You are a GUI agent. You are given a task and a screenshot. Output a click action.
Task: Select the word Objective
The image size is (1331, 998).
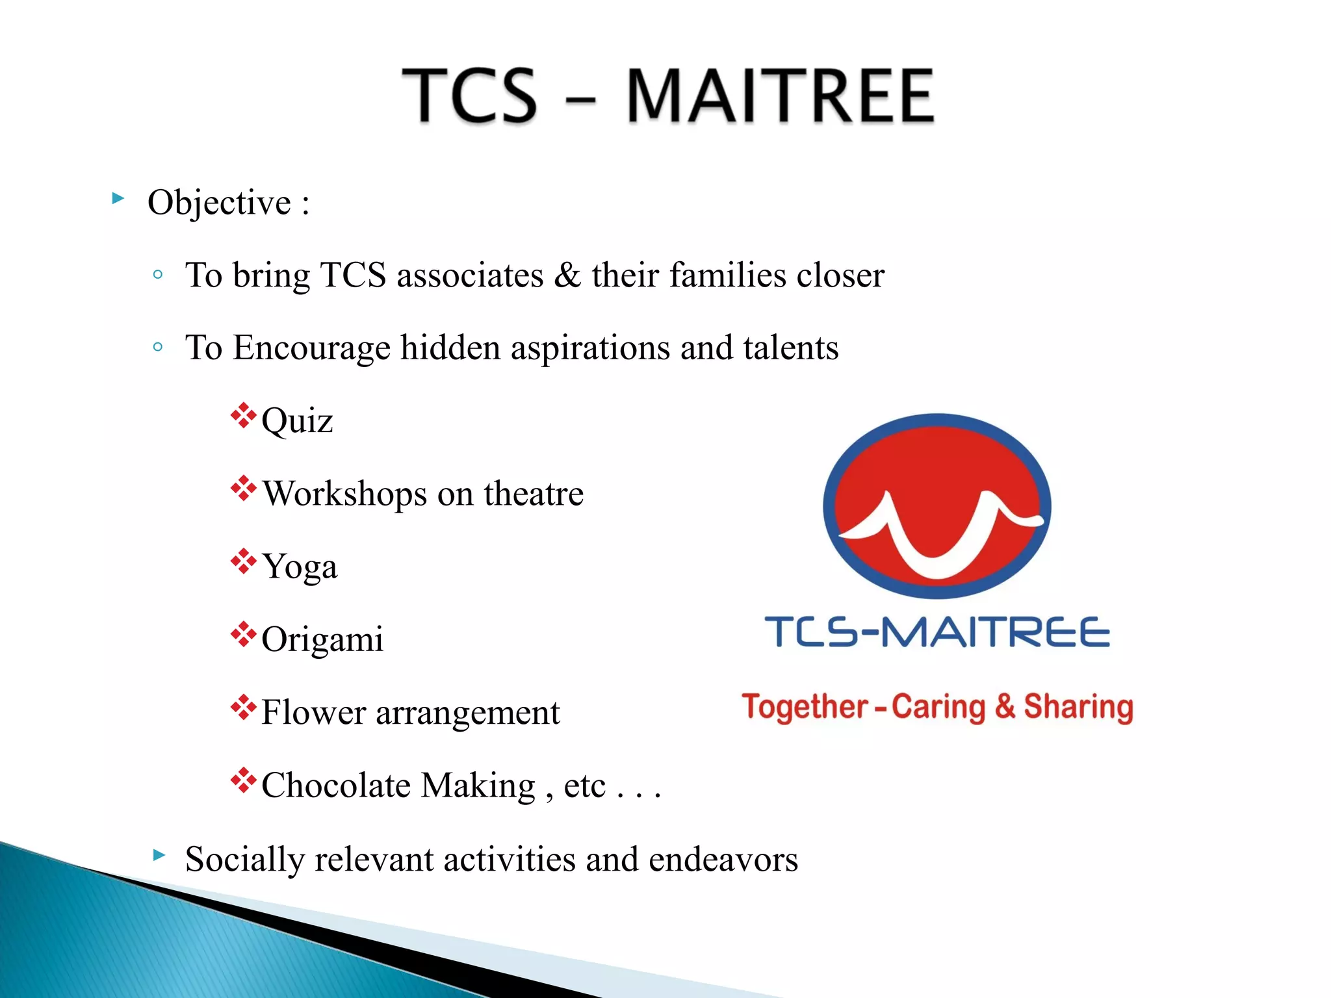point(219,203)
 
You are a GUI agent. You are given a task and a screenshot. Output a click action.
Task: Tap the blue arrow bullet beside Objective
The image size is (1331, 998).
point(118,198)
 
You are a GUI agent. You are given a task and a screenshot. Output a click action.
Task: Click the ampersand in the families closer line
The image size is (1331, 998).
point(567,275)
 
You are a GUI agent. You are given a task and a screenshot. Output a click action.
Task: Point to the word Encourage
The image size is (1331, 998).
point(311,348)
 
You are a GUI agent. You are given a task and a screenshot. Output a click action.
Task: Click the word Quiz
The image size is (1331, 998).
point(297,421)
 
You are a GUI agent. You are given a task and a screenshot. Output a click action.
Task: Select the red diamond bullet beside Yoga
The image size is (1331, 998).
point(243,561)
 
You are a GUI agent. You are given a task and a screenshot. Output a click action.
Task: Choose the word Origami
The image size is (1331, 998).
point(322,639)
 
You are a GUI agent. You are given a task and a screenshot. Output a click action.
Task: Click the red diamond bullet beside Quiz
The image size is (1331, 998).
point(243,416)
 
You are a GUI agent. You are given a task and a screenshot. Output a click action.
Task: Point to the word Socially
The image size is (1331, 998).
point(244,860)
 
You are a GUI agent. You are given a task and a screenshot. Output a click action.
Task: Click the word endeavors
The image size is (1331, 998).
point(723,860)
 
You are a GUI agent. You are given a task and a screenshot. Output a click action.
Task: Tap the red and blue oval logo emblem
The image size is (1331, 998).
point(937,505)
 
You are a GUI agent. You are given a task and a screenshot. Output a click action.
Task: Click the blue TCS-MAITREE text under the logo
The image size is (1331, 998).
point(937,632)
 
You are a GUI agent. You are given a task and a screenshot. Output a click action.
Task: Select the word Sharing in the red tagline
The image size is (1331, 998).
point(1078,707)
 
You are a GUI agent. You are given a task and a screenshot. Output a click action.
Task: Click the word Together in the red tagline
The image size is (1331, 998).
point(805,707)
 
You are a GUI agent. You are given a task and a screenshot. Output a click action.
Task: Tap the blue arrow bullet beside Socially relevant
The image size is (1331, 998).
point(159,854)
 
